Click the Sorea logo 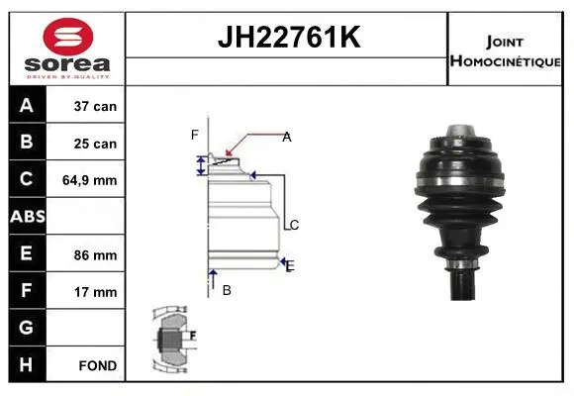click(67, 49)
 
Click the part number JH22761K click(287, 39)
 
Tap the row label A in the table click(26, 106)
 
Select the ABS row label click(26, 217)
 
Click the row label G click(26, 328)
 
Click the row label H click(26, 364)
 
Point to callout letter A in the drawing click(286, 137)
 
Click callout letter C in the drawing click(294, 225)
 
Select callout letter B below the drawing click(227, 290)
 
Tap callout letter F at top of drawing click(195, 135)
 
